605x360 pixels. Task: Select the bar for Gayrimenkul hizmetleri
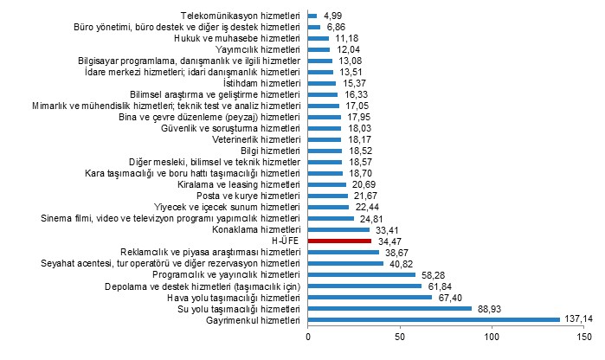[434, 319]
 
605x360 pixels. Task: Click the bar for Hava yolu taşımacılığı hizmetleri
[370, 297]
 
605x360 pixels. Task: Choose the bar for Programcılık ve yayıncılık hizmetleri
[362, 274]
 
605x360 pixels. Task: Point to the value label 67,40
[449, 297]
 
